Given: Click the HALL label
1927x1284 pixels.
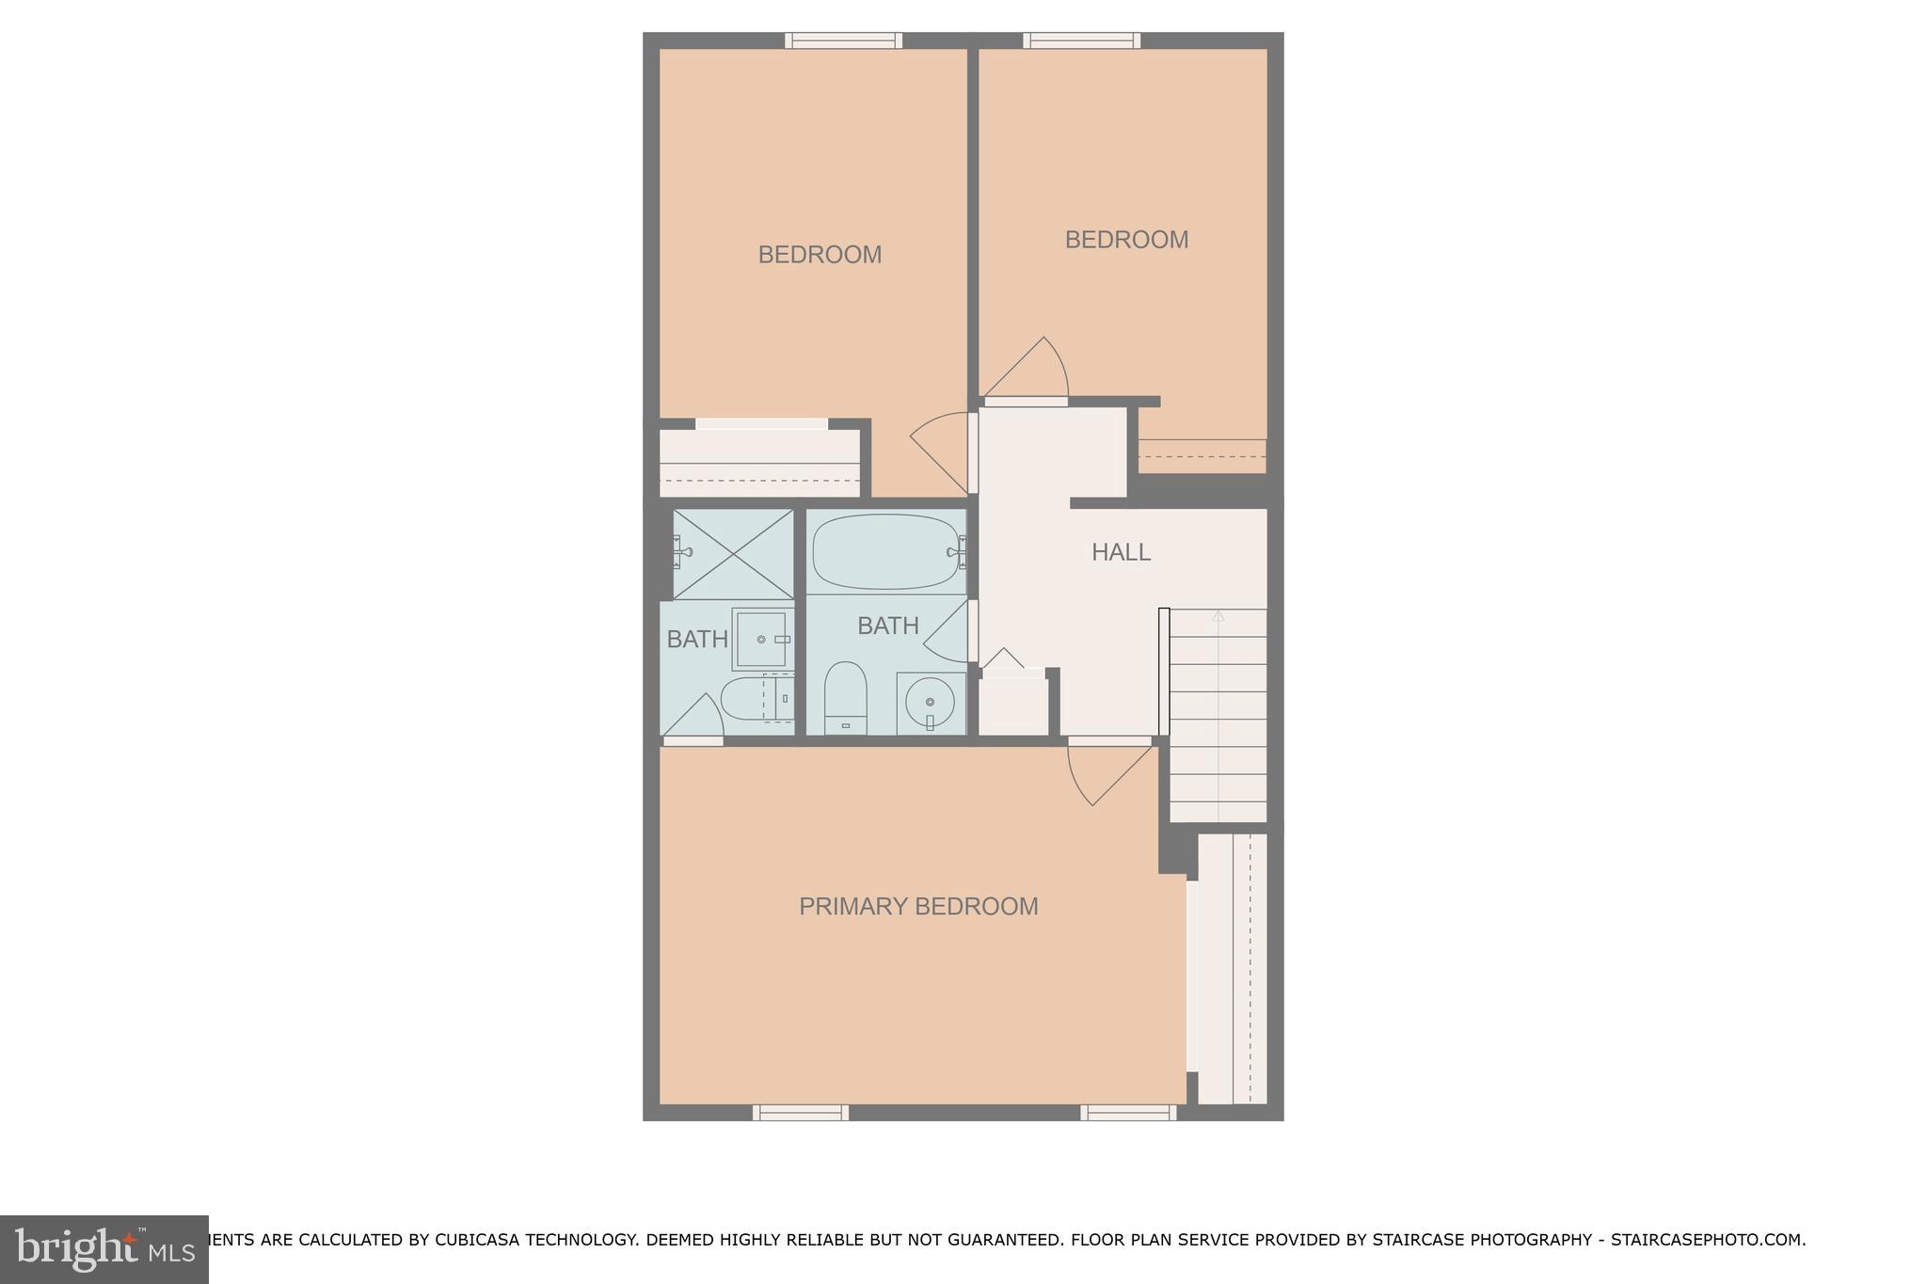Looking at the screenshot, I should [x=1121, y=552].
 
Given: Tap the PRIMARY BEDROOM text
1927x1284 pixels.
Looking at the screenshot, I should [x=918, y=906].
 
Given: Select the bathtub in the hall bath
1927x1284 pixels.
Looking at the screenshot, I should [x=884, y=552].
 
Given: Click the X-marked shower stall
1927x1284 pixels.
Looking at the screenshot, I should [x=733, y=553].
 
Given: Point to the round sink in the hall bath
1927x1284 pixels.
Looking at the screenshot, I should [x=930, y=702].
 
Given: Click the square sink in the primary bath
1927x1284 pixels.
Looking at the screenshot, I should [x=762, y=640].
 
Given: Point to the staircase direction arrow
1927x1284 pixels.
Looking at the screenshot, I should [x=1218, y=616].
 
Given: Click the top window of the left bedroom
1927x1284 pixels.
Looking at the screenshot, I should [x=844, y=40].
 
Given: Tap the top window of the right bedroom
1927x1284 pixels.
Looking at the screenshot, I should [x=1082, y=40].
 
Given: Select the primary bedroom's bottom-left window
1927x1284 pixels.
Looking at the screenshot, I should [x=801, y=1113].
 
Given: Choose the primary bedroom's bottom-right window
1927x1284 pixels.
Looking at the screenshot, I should [x=1128, y=1113].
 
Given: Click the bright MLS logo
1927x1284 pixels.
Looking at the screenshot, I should [x=104, y=1249].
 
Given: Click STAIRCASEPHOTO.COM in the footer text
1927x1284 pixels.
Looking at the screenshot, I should [x=1707, y=1240].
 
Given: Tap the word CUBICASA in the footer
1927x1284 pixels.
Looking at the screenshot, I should [x=474, y=1240].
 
